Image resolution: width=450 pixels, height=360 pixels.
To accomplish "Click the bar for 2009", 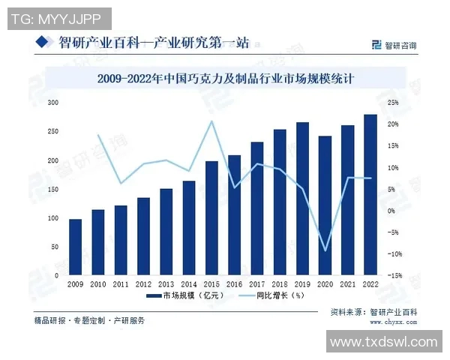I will point(75,246).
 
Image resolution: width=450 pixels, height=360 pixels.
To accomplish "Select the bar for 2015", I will point(211,217).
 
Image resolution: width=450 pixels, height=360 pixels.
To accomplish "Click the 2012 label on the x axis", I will point(143,284).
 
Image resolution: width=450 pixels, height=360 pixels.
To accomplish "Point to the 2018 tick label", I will point(280,284).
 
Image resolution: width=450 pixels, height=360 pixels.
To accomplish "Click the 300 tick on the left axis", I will point(52,102).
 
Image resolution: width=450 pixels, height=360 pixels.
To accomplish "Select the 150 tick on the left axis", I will point(52,189).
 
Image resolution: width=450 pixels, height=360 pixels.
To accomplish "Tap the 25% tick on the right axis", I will point(392,102).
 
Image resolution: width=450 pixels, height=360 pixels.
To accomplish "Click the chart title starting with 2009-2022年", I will point(225,78).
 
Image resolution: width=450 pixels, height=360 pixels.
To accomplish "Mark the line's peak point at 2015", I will point(211,121).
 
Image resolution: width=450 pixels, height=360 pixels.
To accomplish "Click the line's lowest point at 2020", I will point(325,250).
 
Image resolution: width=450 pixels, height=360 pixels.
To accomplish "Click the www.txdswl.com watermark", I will point(383,342).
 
